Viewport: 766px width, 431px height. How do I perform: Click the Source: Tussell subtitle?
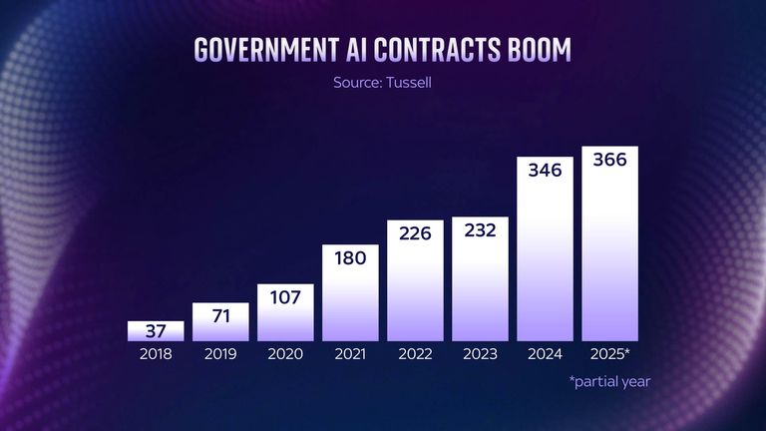(x=382, y=83)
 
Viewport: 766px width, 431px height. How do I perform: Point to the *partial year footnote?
(x=609, y=380)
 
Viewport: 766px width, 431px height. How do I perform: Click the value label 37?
(x=156, y=331)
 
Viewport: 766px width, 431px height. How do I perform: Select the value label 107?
(x=285, y=295)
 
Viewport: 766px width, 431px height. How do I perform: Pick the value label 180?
(x=350, y=256)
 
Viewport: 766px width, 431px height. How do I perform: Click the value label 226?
(x=415, y=232)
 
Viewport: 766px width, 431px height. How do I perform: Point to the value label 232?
(x=480, y=229)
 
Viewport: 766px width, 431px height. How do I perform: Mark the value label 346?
(x=545, y=170)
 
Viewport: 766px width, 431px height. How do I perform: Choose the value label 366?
(x=609, y=160)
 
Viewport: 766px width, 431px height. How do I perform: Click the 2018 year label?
(x=156, y=353)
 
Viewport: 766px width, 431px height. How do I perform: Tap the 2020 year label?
(x=285, y=353)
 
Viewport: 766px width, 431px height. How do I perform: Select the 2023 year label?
(x=480, y=353)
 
